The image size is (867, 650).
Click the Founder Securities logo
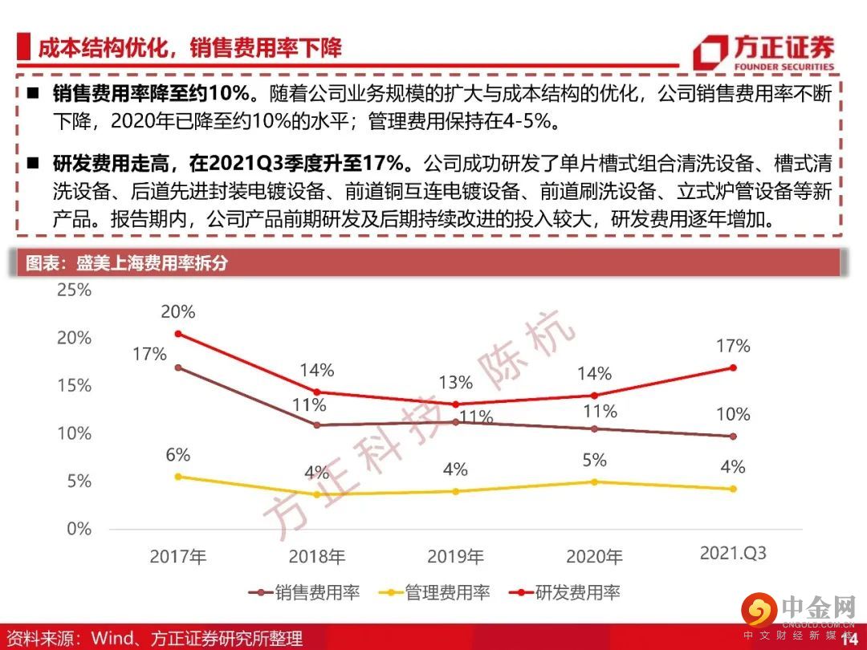click(x=763, y=52)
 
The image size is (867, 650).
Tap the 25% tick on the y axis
click(x=74, y=290)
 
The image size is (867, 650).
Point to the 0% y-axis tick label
click(x=79, y=529)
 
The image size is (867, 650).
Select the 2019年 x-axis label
click(x=455, y=556)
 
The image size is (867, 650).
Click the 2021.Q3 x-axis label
click(x=733, y=554)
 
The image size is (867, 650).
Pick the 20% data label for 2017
click(x=177, y=312)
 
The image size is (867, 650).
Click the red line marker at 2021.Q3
click(x=732, y=368)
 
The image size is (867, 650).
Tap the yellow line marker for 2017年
click(x=177, y=477)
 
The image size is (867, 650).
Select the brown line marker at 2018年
click(x=316, y=425)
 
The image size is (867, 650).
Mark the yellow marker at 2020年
click(x=594, y=481)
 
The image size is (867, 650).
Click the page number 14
click(x=848, y=638)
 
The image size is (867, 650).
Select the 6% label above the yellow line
click(x=177, y=455)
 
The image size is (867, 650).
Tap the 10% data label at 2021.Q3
click(x=733, y=414)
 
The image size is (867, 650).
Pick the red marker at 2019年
click(x=455, y=404)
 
